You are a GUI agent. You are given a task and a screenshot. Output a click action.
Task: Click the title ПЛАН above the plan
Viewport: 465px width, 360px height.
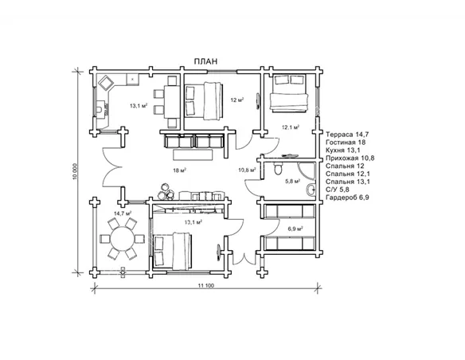(x=205, y=61)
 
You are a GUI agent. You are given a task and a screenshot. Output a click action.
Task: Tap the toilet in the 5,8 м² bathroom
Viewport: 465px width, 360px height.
(x=278, y=168)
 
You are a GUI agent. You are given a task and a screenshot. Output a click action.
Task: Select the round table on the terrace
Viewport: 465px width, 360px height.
(x=122, y=239)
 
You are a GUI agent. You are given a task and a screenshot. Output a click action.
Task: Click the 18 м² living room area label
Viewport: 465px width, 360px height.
(x=179, y=170)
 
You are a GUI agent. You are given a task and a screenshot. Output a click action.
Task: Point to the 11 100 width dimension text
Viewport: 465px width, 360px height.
(x=205, y=286)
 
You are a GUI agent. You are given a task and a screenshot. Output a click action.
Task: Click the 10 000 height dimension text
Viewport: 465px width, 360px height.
(x=75, y=171)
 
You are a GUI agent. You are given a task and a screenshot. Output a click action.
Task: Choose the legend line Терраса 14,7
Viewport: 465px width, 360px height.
(x=347, y=135)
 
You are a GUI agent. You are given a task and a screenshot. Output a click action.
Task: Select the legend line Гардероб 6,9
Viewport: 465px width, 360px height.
(x=347, y=198)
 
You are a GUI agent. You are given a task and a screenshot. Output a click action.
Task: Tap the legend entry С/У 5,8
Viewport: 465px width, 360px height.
(x=338, y=190)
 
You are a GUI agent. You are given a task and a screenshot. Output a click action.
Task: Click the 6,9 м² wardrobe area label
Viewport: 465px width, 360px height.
(x=295, y=229)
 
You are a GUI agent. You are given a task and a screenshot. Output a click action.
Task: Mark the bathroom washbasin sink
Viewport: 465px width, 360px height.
(x=311, y=190)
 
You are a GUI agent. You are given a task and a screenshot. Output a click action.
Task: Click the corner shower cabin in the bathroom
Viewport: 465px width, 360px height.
(x=307, y=171)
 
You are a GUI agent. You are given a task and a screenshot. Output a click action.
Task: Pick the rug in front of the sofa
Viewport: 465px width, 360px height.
(x=193, y=155)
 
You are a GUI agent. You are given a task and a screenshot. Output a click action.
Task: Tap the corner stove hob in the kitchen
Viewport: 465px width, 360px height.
(x=105, y=82)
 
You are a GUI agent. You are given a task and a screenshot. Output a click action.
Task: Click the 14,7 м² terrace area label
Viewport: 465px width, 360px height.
(x=123, y=213)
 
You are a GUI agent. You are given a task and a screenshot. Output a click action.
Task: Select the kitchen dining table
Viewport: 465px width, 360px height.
(x=172, y=102)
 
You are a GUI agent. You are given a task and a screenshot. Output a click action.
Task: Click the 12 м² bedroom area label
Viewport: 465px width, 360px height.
(x=237, y=100)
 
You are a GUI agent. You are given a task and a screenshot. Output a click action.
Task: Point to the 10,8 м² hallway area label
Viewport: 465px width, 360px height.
(x=247, y=170)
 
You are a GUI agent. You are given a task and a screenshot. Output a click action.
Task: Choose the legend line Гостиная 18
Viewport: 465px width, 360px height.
(x=346, y=143)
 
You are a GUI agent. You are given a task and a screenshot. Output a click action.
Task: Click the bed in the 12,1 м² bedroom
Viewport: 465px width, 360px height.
(x=288, y=93)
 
